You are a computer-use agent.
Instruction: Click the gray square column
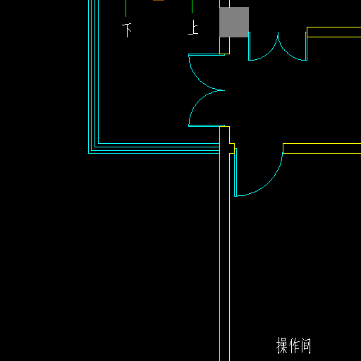coord(234,22)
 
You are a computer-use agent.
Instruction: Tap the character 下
coord(127,30)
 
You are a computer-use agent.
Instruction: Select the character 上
coord(193,27)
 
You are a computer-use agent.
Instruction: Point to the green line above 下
coord(126,8)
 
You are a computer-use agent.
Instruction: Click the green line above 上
coord(192,6)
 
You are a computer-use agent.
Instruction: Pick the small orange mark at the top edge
coord(159,0)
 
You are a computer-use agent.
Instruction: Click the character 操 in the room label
coord(282,345)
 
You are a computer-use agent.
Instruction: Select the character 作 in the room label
coord(294,345)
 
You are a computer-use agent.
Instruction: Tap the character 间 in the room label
coord(305,345)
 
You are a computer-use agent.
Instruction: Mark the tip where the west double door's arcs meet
coord(224,90)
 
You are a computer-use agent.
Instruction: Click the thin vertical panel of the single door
coord(235,172)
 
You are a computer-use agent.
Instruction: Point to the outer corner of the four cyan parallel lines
coord(88,154)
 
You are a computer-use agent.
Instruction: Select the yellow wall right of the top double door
coord(334,32)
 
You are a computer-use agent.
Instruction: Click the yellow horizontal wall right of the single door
coord(322,148)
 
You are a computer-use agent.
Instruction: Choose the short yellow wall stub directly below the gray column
coord(224,46)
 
